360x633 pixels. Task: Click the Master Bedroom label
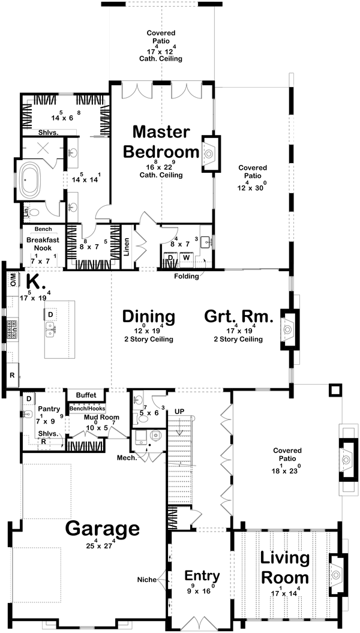pos(161,142)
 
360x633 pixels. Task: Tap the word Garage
pos(103,529)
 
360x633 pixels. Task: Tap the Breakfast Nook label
pos(41,243)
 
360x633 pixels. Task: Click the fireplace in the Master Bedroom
pos(208,154)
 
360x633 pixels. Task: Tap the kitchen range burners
pos(11,330)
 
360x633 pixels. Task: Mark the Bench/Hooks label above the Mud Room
pos(87,408)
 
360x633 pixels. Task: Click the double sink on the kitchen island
pos(50,328)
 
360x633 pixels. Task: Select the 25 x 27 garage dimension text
pos(101,547)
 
